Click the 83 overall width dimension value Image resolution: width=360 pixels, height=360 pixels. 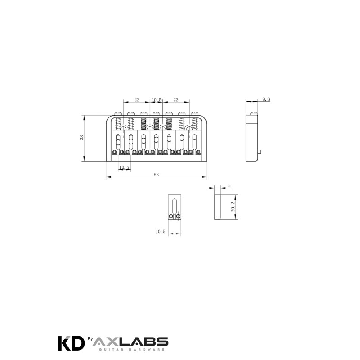pos(156,175)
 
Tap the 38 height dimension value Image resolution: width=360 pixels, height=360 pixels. pos(81,138)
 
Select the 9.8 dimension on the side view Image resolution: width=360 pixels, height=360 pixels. pos(266,99)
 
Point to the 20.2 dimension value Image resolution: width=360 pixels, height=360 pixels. pos(233,207)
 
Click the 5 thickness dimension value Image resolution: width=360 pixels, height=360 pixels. pos(229,186)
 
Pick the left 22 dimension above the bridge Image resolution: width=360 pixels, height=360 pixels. pos(137,99)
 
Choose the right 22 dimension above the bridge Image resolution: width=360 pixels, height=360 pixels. pos(176,99)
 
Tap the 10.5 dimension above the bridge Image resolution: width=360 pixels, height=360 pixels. pos(156,99)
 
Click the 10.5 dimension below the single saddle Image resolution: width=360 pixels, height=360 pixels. pos(161,231)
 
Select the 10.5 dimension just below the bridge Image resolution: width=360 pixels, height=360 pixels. pos(124,167)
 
